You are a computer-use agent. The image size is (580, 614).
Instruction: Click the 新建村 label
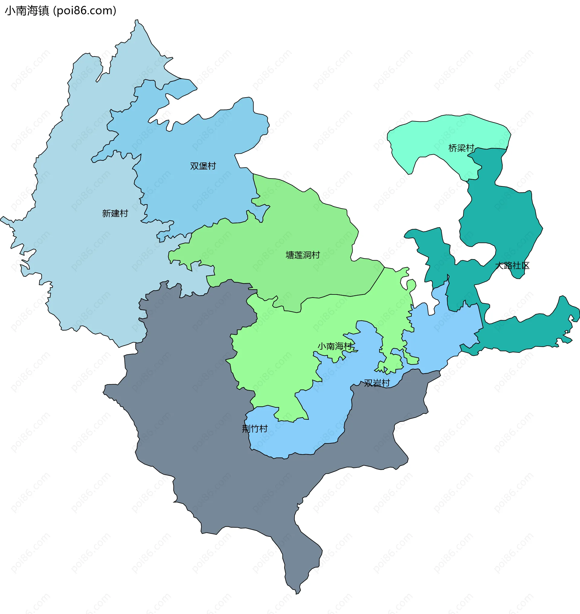pyautogui.click(x=115, y=213)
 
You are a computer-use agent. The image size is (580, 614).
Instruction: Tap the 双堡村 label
pyautogui.click(x=203, y=166)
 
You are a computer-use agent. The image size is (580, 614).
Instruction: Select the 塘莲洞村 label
pyautogui.click(x=303, y=255)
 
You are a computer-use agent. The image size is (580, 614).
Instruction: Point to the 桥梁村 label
pyautogui.click(x=461, y=148)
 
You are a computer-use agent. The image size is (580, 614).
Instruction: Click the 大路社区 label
pyautogui.click(x=512, y=265)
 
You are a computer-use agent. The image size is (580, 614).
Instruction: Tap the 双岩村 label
pyautogui.click(x=377, y=383)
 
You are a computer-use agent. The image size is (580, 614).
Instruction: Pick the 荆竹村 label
pyautogui.click(x=255, y=429)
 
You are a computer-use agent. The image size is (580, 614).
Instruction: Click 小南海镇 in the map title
pyautogui.click(x=27, y=11)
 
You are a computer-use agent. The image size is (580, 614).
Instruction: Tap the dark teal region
pyautogui.click(x=501, y=217)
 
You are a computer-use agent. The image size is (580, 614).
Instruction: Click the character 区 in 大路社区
pyautogui.click(x=525, y=265)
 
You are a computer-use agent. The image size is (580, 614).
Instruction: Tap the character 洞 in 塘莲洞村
pyautogui.click(x=307, y=255)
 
